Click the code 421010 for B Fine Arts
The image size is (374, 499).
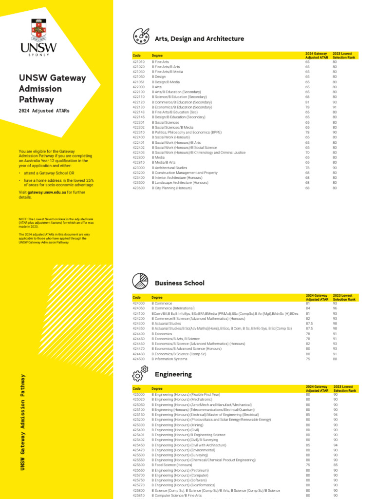coord(139,62)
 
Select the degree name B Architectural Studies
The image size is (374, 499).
coord(169,168)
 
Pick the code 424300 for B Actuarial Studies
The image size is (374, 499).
coord(139,324)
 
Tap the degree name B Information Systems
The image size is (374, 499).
coord(169,359)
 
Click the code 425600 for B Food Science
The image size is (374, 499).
coord(139,465)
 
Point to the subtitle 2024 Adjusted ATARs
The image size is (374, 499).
coord(44,111)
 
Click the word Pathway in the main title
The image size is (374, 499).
coord(36,100)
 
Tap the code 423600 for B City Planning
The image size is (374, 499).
coord(139,188)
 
